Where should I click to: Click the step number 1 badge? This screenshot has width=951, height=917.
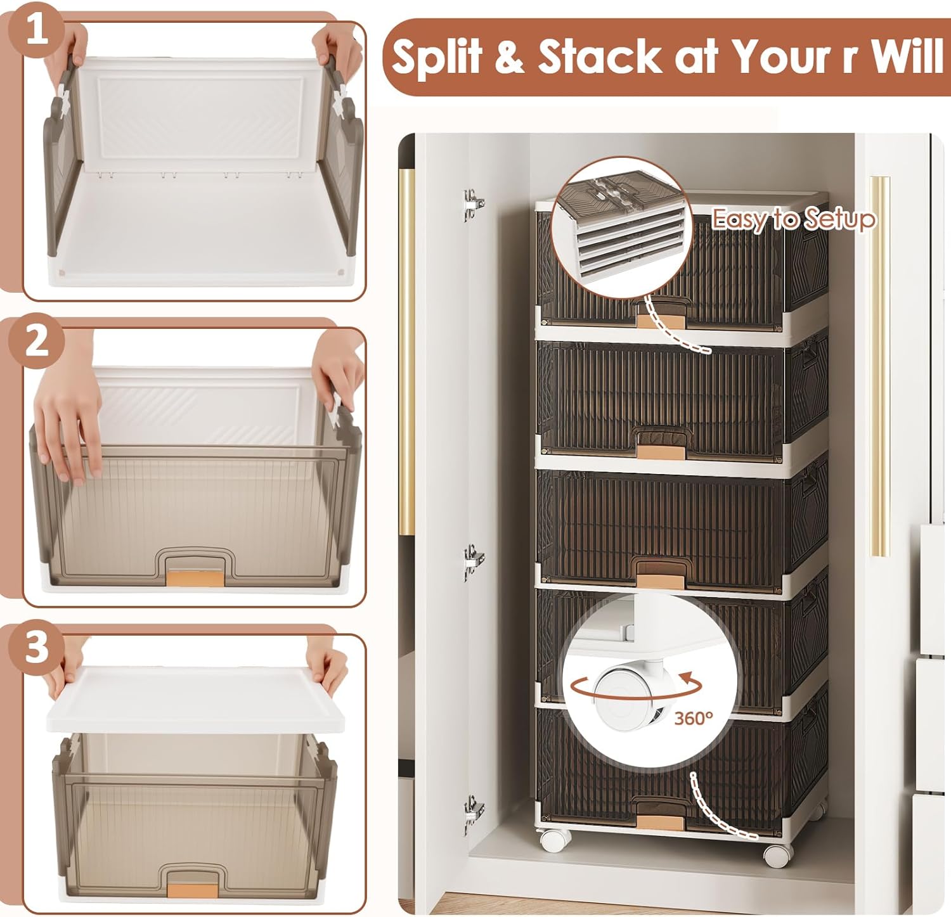tap(36, 29)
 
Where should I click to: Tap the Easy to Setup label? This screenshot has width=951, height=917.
tap(794, 219)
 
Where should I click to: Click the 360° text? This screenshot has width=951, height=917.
tap(694, 718)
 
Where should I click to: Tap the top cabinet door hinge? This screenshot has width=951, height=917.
tap(473, 205)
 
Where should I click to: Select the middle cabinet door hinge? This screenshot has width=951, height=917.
tap(473, 561)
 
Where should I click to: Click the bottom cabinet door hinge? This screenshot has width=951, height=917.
tap(473, 812)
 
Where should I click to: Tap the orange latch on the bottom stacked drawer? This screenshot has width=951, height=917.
tap(660, 823)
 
